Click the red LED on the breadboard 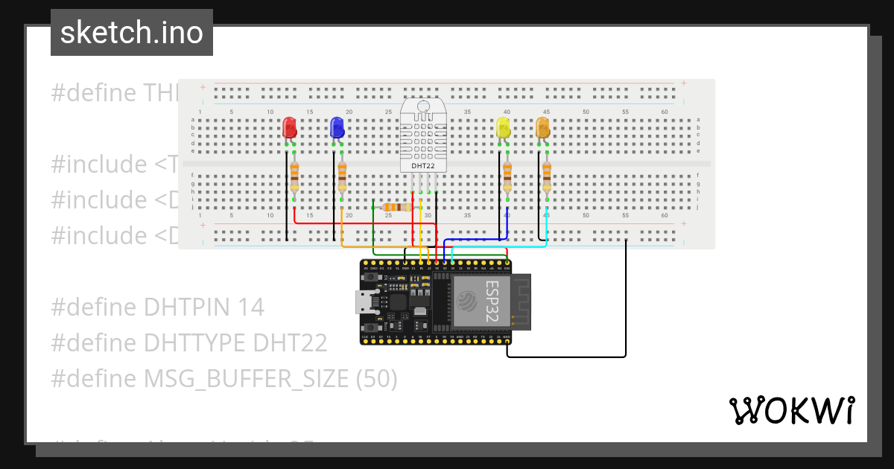[x=290, y=127]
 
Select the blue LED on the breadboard [x=337, y=127]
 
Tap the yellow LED [x=504, y=127]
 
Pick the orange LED [x=543, y=127]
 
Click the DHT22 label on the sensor [x=423, y=165]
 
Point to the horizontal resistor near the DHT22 [x=396, y=208]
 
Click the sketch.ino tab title [x=131, y=33]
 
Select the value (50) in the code [x=376, y=379]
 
